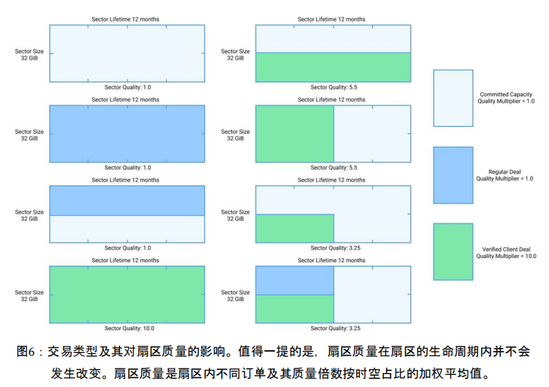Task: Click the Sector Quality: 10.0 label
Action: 129,328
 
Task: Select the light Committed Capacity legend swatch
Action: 453,98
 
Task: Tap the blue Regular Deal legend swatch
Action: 453,175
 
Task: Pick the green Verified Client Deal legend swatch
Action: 453,252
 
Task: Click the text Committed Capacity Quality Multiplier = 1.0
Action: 506,98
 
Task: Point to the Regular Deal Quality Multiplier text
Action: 505,175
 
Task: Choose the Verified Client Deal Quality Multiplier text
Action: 506,252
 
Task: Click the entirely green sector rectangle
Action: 127,295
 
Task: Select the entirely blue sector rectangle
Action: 127,134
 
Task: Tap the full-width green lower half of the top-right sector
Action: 333,67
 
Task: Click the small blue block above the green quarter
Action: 295,280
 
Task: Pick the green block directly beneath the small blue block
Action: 295,309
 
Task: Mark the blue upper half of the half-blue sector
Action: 127,200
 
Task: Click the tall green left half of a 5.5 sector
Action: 295,134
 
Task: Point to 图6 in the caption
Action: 26,351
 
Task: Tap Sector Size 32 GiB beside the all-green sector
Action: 29,295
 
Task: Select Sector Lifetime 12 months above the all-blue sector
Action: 125,99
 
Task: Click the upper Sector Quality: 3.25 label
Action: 335,248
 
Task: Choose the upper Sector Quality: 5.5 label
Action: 333,87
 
